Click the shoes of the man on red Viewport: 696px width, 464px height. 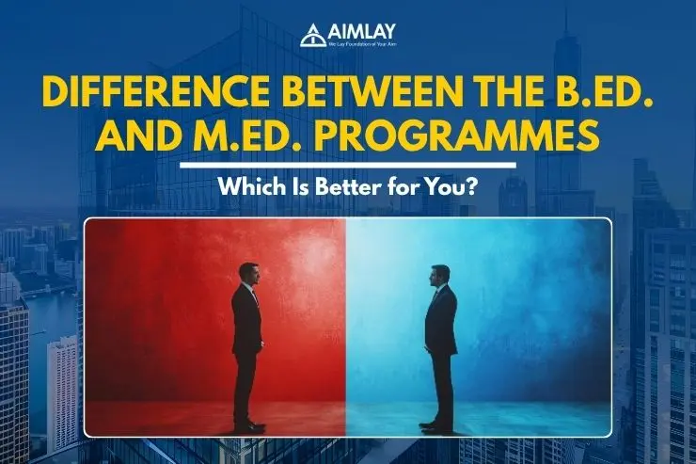pos(249,426)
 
